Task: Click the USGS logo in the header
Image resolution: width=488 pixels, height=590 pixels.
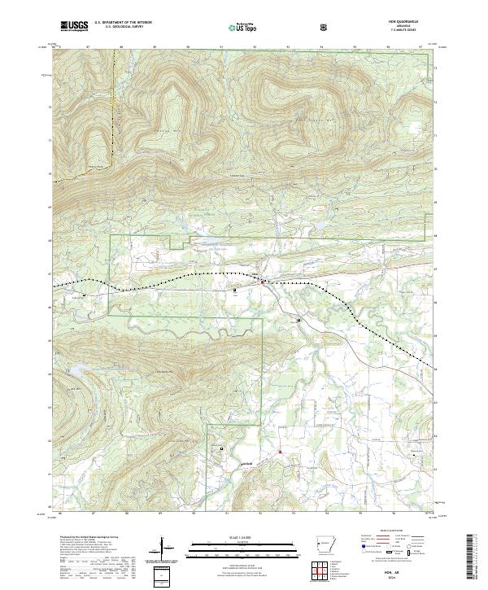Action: point(74,26)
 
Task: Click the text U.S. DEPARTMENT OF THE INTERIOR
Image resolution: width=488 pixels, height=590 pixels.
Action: point(123,23)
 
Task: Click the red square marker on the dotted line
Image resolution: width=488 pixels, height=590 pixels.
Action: point(263,282)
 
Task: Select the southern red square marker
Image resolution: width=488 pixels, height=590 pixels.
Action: point(279,452)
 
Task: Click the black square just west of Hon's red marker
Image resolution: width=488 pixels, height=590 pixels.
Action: point(236,289)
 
